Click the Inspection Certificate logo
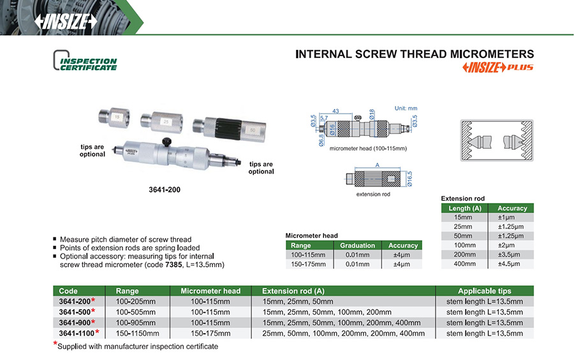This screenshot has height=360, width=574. pos(85,64)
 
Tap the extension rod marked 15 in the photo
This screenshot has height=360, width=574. pos(116,117)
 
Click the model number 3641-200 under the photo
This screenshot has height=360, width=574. pos(164,190)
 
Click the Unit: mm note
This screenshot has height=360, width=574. pos(406,108)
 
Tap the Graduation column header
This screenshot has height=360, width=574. pos(357,246)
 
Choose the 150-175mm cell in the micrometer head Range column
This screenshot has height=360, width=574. pos(308,264)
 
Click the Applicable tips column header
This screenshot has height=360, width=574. pos(484,291)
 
